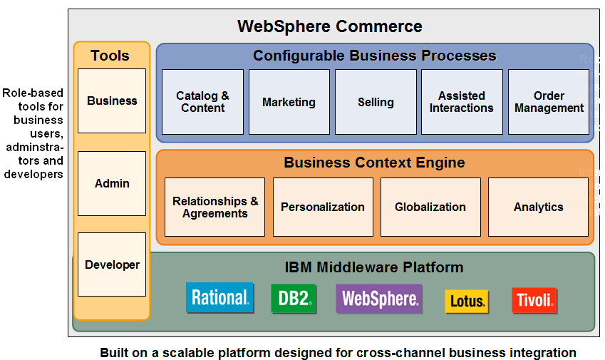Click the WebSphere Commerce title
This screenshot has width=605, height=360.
click(329, 27)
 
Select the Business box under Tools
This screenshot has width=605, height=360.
click(112, 101)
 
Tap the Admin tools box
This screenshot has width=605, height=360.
click(112, 183)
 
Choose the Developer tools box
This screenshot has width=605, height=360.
click(112, 264)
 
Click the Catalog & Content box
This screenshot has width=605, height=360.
click(202, 102)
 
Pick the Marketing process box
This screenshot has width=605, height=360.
click(289, 102)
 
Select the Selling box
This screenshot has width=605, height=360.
click(376, 102)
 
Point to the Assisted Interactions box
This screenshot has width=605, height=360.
click(462, 102)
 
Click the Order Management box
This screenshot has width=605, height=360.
click(549, 102)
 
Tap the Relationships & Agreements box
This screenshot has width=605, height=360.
click(214, 207)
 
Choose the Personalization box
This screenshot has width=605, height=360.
click(323, 207)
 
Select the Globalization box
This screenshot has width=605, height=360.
click(430, 207)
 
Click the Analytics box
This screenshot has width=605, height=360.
click(538, 207)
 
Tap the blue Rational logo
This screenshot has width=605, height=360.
click(219, 298)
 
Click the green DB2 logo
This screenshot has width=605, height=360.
click(294, 299)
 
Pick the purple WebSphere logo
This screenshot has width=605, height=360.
click(379, 299)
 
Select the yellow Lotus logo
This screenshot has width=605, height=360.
click(467, 301)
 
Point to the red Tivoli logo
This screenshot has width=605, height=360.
click(534, 300)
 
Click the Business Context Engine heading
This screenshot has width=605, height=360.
click(374, 163)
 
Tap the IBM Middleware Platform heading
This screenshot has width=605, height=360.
click(374, 267)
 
